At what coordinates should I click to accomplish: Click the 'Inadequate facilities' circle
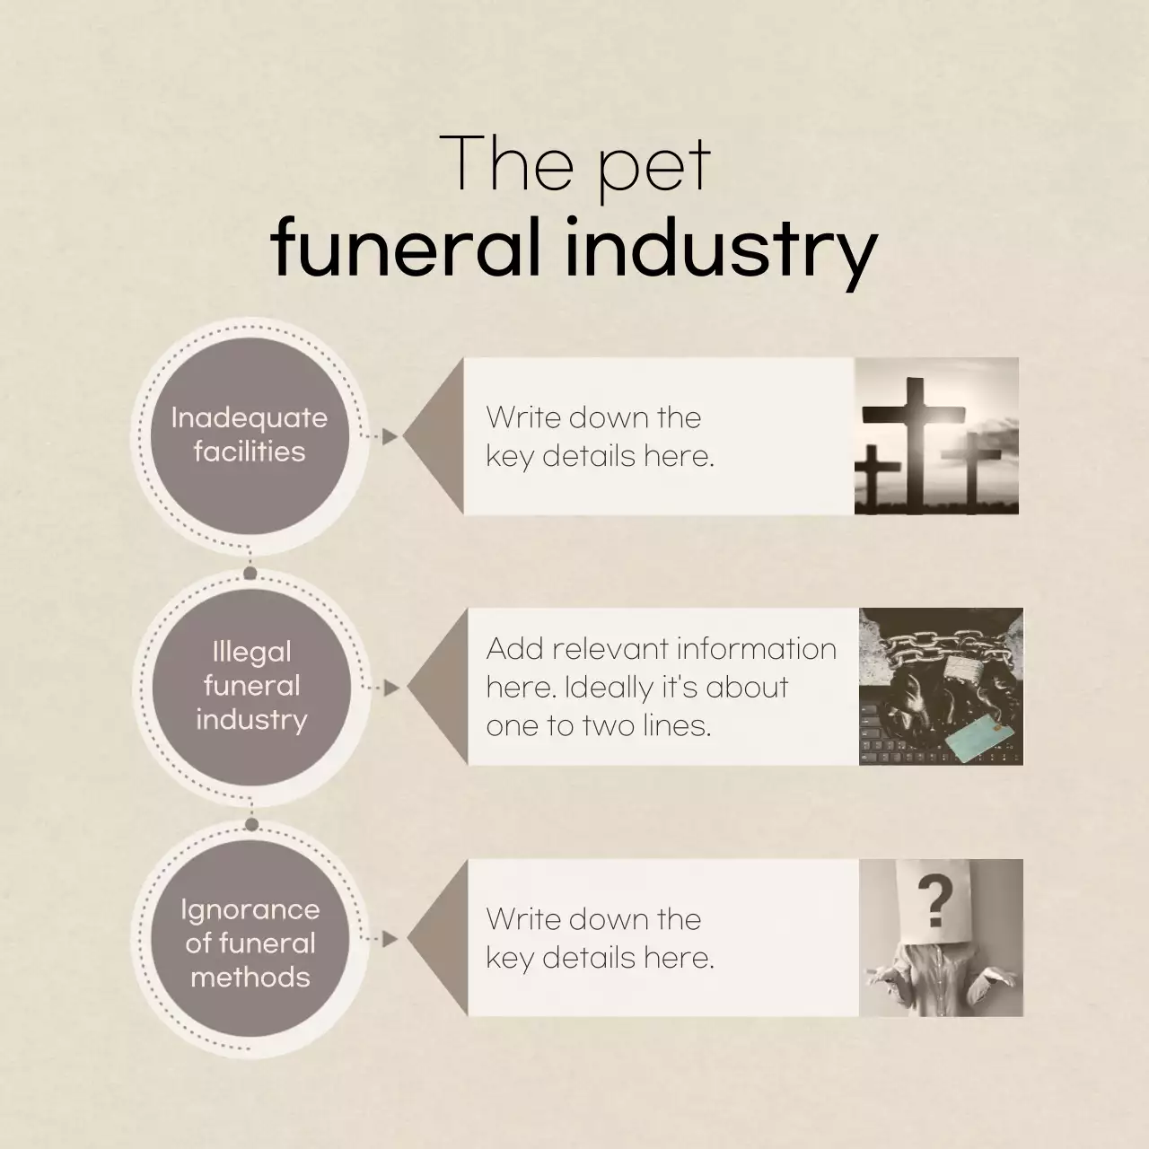(x=250, y=435)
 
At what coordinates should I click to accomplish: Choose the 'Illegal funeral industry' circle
(x=251, y=686)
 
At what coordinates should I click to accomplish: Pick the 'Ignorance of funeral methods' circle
(x=250, y=943)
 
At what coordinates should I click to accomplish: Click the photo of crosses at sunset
(x=936, y=436)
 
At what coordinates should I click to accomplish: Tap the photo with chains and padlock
(x=941, y=687)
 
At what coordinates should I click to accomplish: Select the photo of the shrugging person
(x=941, y=938)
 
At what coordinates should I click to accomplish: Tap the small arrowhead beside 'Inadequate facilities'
(x=390, y=436)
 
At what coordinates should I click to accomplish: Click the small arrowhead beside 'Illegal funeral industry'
(x=391, y=689)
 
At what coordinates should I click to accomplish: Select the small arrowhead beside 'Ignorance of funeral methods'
(x=390, y=939)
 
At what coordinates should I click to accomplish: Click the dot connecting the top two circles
(x=250, y=573)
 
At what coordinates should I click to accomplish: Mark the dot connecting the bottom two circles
(x=251, y=824)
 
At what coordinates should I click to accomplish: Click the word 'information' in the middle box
(x=756, y=648)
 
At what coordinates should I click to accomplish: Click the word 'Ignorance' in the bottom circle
(x=250, y=909)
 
